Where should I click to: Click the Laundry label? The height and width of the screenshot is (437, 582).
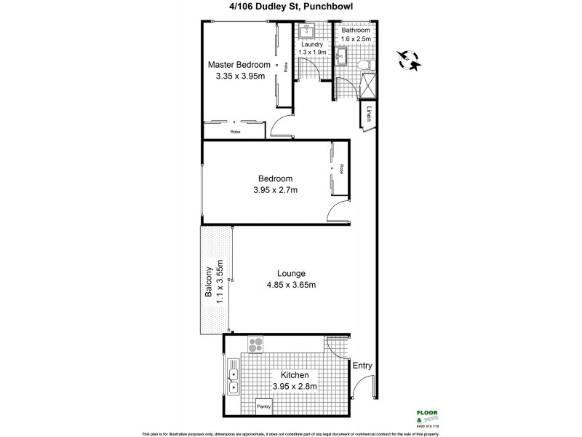pyautogui.click(x=313, y=44)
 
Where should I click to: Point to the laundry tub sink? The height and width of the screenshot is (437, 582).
pyautogui.click(x=306, y=31)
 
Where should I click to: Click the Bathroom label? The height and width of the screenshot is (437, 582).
pyautogui.click(x=356, y=31)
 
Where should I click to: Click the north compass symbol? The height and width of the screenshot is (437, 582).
pyautogui.click(x=409, y=60)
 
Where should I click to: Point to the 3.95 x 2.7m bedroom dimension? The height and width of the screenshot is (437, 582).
pyautogui.click(x=275, y=190)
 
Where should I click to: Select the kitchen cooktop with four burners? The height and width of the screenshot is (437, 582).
pyautogui.click(x=255, y=345)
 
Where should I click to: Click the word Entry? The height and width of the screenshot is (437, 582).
pyautogui.click(x=362, y=366)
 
